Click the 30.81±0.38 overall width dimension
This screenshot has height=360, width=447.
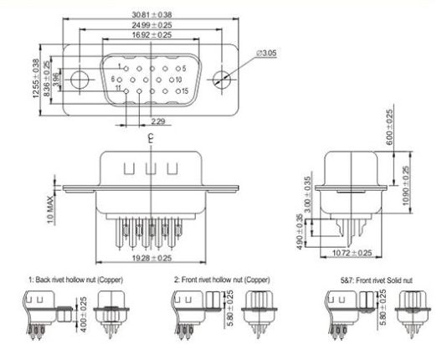[152, 14]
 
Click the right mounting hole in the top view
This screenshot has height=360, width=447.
[222, 80]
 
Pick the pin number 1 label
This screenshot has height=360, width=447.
[120, 66]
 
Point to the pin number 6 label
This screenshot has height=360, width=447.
[112, 78]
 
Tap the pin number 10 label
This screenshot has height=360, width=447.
[178, 79]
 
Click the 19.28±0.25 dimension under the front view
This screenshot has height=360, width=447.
[151, 259]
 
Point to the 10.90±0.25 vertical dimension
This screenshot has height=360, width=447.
[407, 187]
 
